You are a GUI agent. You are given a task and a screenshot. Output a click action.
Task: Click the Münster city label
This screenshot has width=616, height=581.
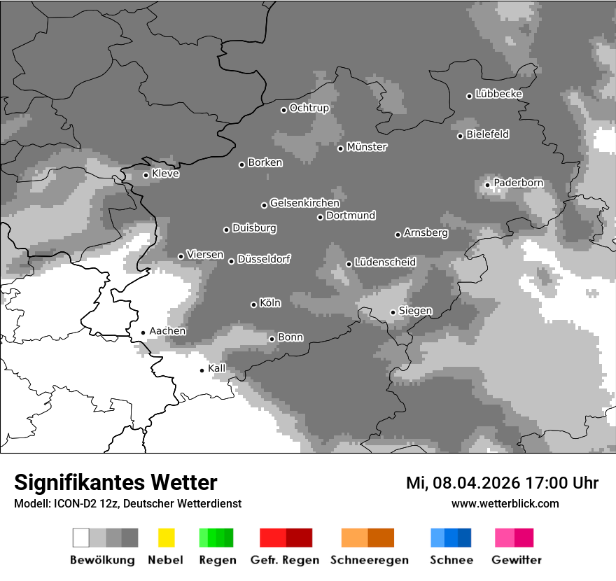tap(367, 147)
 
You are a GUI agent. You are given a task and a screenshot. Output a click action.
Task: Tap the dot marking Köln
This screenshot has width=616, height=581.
tap(253, 304)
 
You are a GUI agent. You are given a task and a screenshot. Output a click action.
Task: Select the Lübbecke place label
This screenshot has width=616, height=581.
tap(498, 94)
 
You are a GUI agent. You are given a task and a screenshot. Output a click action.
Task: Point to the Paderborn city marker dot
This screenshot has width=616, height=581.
tap(488, 185)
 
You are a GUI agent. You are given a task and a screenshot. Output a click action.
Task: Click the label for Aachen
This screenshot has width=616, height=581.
tap(167, 331)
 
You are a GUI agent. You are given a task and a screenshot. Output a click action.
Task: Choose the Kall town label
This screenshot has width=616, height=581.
tap(217, 368)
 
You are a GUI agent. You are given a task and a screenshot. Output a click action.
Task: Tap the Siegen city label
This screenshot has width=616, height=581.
tap(415, 311)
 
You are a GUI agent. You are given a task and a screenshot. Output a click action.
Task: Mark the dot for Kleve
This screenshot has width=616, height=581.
tap(146, 175)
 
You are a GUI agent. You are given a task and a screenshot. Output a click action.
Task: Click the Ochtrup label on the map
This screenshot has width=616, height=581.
tap(309, 108)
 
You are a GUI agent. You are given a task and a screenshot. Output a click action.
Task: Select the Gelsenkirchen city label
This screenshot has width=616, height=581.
tap(304, 203)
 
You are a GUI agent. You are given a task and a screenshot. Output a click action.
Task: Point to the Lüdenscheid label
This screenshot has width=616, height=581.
tap(385, 262)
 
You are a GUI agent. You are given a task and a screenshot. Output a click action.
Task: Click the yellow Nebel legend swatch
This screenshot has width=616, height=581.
tap(166, 538)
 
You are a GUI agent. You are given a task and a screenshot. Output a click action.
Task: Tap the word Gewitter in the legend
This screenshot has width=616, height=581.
tap(516, 560)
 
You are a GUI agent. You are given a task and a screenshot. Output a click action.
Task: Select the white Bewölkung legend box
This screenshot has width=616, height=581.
tap(81, 538)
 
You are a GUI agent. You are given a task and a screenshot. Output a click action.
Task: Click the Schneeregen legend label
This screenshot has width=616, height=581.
tap(369, 560)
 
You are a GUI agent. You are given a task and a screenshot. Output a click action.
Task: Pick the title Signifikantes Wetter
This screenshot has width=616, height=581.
tap(115, 482)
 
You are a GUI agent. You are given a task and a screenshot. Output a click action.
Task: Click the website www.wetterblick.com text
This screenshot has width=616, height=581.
tap(505, 503)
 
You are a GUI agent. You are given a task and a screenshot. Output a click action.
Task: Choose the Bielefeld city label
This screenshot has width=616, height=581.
tap(487, 134)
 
